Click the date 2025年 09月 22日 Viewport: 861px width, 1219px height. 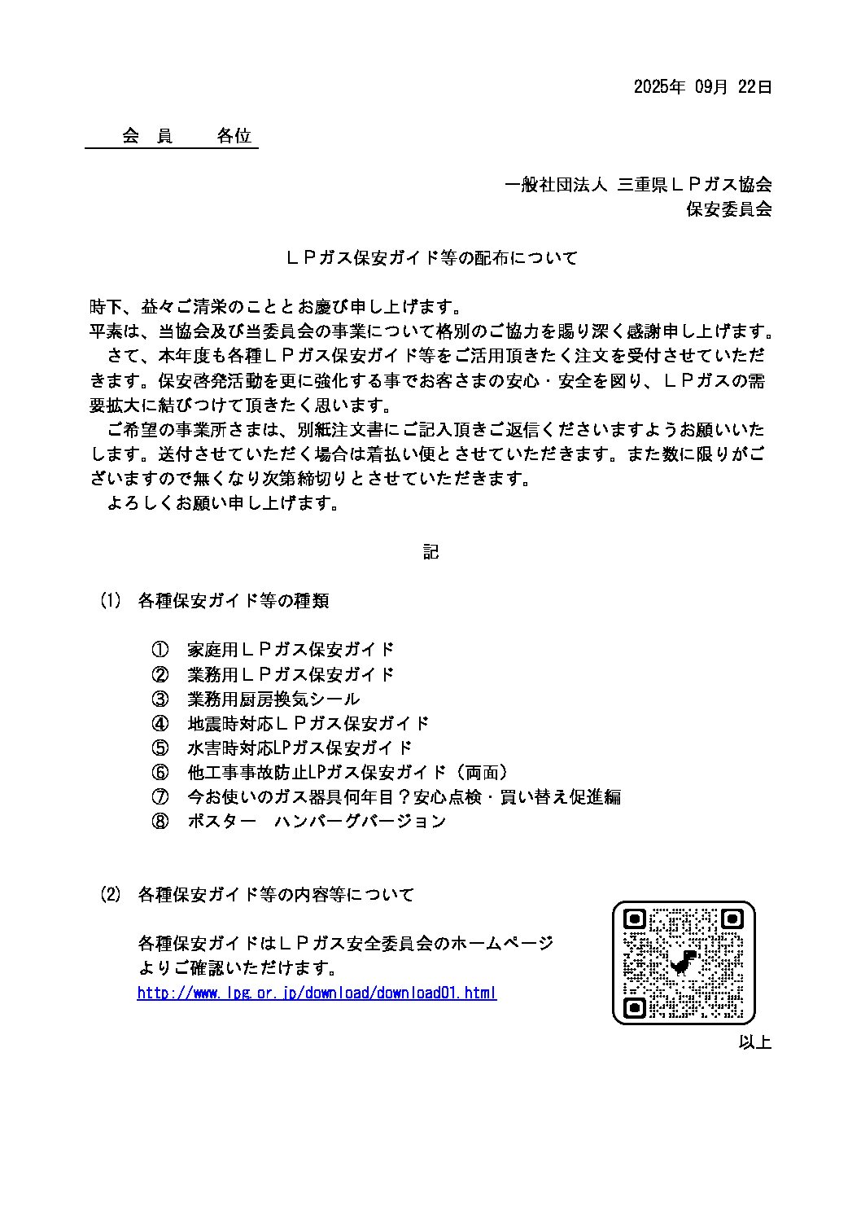pyautogui.click(x=702, y=87)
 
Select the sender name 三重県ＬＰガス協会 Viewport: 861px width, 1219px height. pyautogui.click(x=694, y=185)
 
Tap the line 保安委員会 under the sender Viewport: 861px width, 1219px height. pyautogui.click(x=728, y=209)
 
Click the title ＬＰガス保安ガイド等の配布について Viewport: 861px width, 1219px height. pyautogui.click(x=430, y=258)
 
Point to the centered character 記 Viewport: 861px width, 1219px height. pyautogui.click(x=430, y=552)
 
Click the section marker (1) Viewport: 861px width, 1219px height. pyautogui.click(x=110, y=601)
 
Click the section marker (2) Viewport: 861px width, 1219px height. pyautogui.click(x=110, y=894)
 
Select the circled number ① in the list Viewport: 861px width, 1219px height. pyautogui.click(x=160, y=650)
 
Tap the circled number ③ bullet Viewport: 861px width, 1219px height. pyautogui.click(x=160, y=699)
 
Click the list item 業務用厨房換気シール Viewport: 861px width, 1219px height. pyautogui.click(x=273, y=699)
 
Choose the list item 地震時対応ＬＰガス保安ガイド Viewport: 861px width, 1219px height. pyautogui.click(x=308, y=723)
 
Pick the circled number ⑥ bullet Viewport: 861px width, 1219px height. pyautogui.click(x=160, y=772)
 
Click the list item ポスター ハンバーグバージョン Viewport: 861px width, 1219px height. pyautogui.click(x=317, y=821)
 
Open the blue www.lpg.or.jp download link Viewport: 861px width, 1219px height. pyautogui.click(x=317, y=993)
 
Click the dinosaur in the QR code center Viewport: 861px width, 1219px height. pyautogui.click(x=684, y=962)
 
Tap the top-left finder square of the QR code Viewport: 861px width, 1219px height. pyautogui.click(x=634, y=919)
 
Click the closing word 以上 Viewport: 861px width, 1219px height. pyautogui.click(x=754, y=1041)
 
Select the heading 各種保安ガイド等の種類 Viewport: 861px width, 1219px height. pyautogui.click(x=234, y=601)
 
